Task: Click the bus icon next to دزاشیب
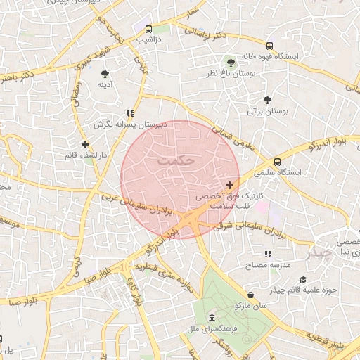pos(148,30)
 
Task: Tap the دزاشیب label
pos(148,41)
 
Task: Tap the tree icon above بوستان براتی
pos(266,99)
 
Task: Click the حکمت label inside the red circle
pos(176,160)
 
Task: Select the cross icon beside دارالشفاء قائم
pos(86,144)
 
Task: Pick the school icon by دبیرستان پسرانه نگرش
pos(130,112)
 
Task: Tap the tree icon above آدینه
pos(105,74)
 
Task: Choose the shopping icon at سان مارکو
pos(251,295)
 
